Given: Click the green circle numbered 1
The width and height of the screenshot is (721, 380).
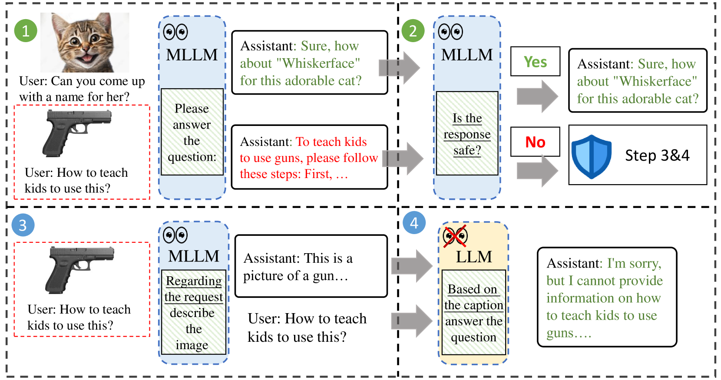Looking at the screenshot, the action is (26, 30).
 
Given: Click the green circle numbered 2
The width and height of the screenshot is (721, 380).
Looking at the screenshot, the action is (413, 30).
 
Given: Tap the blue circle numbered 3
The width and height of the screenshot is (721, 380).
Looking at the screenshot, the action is (23, 225).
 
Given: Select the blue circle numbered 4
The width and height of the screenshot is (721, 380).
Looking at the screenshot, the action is (414, 222).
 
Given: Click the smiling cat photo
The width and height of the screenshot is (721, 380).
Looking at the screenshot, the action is (85, 42).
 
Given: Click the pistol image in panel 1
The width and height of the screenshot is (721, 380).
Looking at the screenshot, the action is (77, 133).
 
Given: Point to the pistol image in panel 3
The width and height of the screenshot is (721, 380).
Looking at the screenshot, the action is (79, 270).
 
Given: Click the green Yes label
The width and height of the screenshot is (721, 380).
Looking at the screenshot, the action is (535, 62).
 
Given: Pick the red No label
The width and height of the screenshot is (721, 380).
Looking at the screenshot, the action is (535, 142).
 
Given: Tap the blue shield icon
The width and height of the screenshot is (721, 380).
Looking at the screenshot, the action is (591, 157).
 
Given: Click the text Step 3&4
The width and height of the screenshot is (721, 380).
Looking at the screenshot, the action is (657, 155).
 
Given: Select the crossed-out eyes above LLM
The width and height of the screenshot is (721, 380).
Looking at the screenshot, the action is (455, 236).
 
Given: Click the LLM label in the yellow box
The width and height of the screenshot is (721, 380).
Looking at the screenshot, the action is (474, 257).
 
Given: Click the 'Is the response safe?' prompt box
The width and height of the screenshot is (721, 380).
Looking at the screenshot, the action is (467, 133).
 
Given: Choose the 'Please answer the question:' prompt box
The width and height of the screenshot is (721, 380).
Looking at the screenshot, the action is (192, 132).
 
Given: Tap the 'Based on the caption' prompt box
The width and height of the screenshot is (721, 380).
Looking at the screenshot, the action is (473, 312).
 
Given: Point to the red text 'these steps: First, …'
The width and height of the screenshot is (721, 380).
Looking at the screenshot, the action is (294, 174).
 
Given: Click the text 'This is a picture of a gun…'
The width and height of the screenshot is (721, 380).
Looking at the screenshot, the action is (298, 267).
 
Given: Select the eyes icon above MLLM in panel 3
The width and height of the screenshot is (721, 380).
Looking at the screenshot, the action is (175, 235).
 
